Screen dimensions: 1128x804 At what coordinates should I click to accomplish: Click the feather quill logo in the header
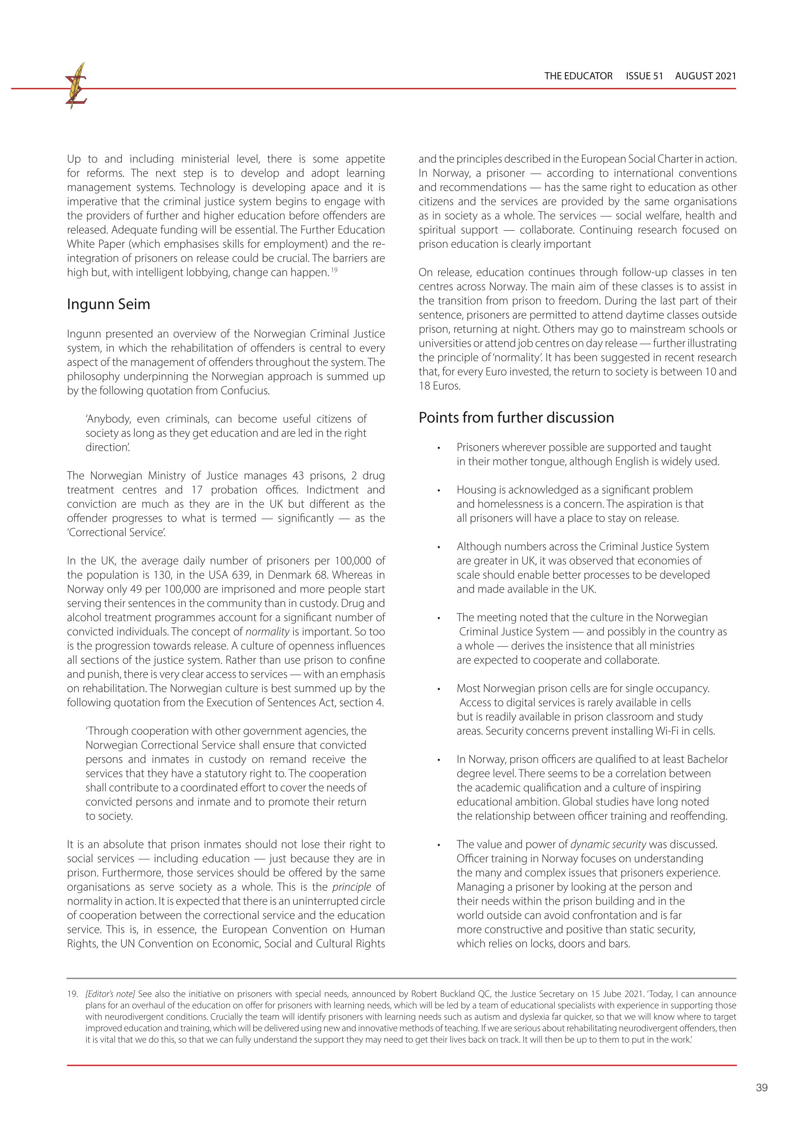click(76, 85)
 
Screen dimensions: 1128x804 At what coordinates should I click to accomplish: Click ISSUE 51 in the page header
click(644, 76)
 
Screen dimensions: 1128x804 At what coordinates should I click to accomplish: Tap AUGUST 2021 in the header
click(705, 76)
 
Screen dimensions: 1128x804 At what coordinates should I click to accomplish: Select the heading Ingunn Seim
click(109, 304)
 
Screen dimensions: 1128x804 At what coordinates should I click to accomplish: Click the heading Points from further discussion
click(516, 418)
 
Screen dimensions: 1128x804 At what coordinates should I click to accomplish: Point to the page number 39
click(762, 1087)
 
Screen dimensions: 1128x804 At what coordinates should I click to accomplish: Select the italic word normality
click(267, 631)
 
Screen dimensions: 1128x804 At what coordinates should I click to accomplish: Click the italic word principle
click(351, 886)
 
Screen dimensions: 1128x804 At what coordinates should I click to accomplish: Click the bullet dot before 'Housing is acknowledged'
click(439, 490)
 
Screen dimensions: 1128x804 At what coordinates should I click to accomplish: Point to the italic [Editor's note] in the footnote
click(110, 994)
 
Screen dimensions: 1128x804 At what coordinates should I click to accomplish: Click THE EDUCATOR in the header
click(578, 76)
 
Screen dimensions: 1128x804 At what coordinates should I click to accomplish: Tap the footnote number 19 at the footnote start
click(72, 994)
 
